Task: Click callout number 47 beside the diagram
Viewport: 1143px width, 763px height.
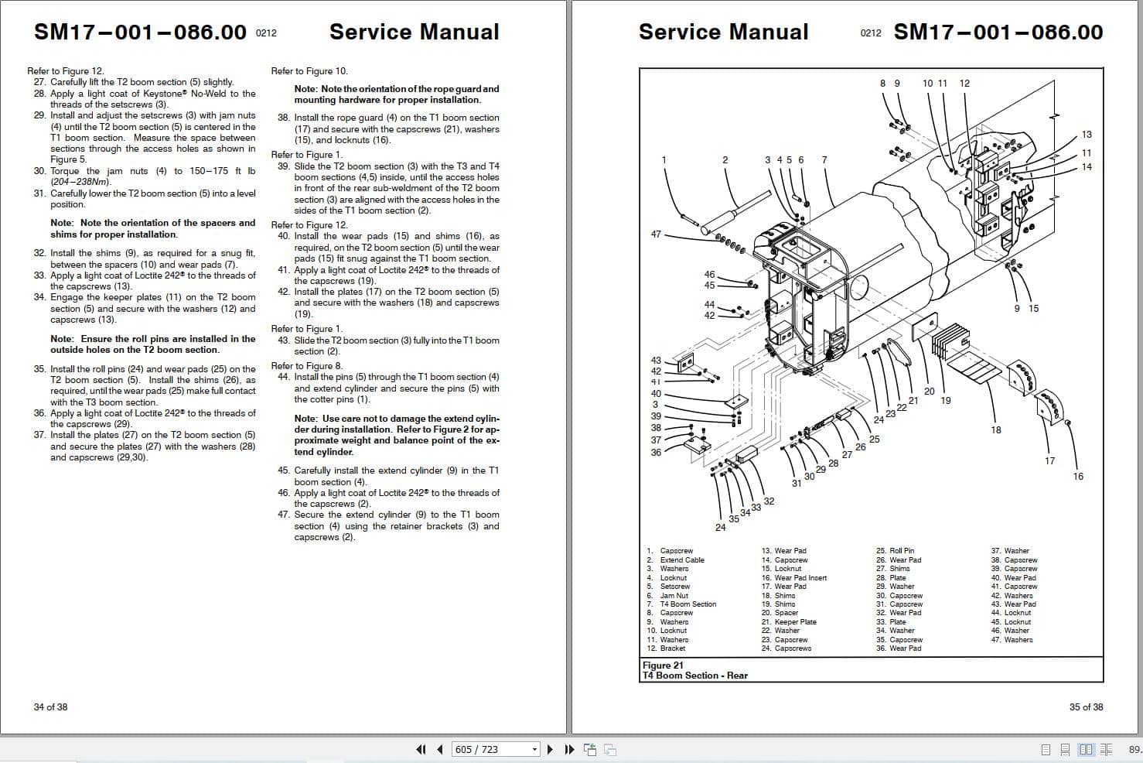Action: [x=656, y=234]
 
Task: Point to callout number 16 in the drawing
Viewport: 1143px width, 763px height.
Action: [x=1078, y=477]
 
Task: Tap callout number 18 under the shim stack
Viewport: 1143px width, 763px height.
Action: [x=995, y=430]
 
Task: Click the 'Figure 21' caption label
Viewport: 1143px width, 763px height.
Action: [x=663, y=665]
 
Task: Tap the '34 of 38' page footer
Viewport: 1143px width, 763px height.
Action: [x=50, y=707]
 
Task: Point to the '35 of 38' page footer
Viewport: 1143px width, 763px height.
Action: [x=1086, y=707]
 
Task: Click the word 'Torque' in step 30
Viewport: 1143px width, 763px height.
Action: [x=66, y=171]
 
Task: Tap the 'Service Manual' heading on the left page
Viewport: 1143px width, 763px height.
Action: [x=414, y=32]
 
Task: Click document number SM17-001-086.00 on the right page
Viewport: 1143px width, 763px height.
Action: [x=998, y=32]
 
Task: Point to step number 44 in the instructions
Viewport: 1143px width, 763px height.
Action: [x=283, y=377]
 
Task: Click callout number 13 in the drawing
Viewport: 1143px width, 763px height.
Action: [x=1087, y=135]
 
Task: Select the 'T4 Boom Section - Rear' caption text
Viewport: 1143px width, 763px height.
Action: [x=695, y=676]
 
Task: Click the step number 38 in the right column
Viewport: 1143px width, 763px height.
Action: [x=283, y=118]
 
